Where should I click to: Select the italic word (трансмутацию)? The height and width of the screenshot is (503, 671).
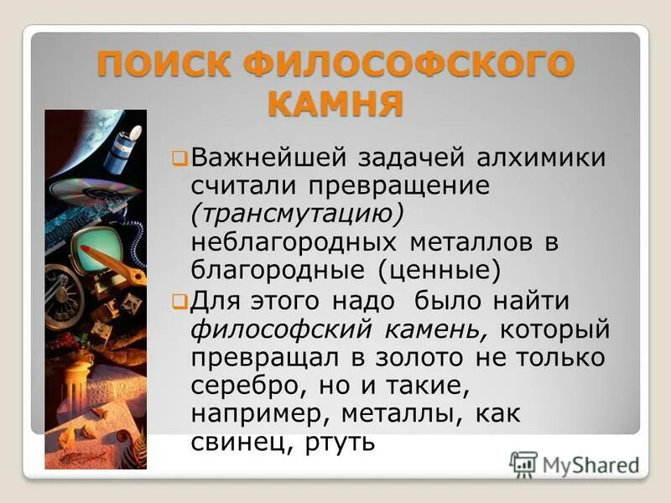point(298,213)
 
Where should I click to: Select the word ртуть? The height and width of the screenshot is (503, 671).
point(335,442)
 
